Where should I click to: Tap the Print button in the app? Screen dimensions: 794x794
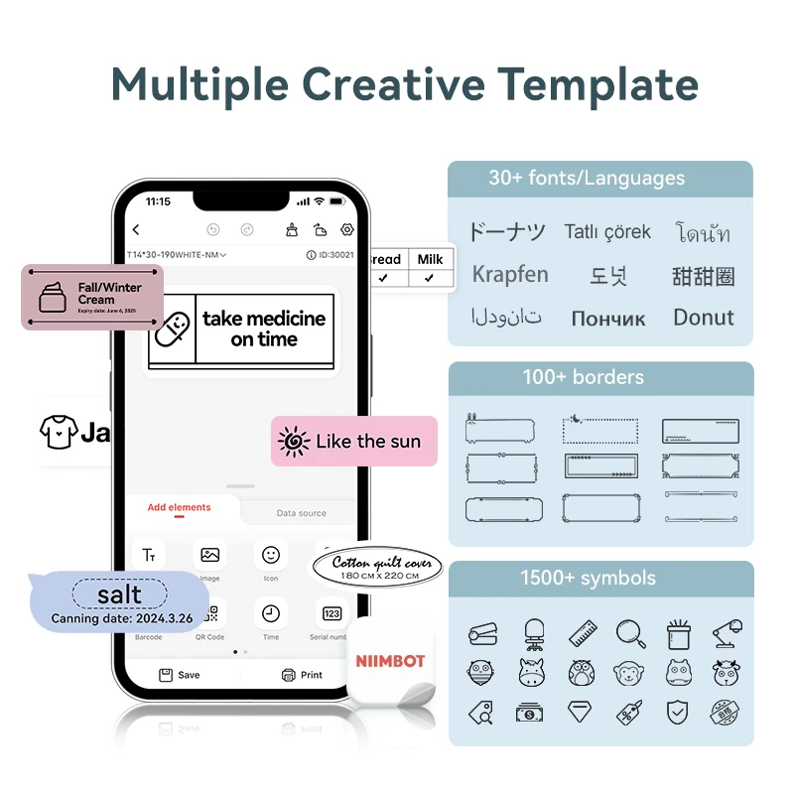tap(302, 675)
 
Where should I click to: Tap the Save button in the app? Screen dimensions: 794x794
tap(180, 675)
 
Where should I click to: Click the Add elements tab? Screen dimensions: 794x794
tap(179, 507)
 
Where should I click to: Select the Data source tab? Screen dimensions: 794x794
tap(301, 513)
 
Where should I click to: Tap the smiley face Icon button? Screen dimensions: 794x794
tap(271, 556)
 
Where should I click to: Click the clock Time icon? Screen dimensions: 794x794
tap(271, 614)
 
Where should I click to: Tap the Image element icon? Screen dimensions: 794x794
tap(209, 556)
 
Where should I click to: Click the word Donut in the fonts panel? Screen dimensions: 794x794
tap(704, 318)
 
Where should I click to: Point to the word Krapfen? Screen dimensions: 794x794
tap(510, 274)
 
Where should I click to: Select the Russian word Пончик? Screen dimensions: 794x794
tap(607, 319)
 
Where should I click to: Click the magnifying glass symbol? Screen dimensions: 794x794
tap(630, 632)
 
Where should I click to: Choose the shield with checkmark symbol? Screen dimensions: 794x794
tap(677, 712)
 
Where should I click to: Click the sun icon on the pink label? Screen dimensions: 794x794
tap(294, 442)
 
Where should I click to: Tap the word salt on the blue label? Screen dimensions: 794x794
tap(119, 595)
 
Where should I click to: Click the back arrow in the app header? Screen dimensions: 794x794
tap(136, 230)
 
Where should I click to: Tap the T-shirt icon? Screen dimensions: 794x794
tap(58, 433)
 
